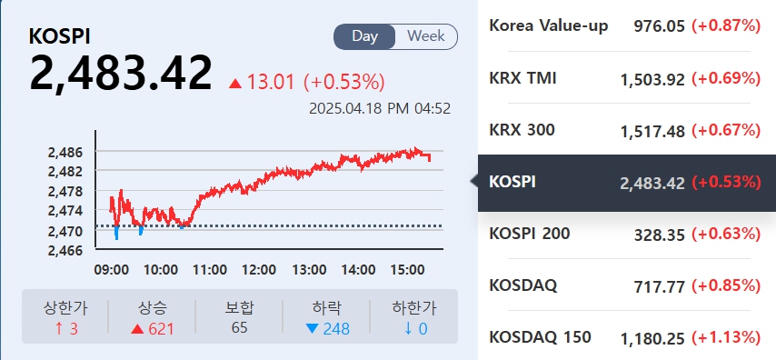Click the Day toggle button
click(x=365, y=36)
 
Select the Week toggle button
click(x=425, y=36)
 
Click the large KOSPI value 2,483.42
click(x=121, y=73)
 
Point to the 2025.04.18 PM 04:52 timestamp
click(x=380, y=108)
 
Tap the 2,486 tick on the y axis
click(x=65, y=152)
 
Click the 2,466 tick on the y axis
click(x=65, y=250)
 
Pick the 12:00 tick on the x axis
click(x=259, y=270)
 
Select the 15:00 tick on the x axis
click(x=406, y=270)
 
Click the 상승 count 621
click(x=153, y=328)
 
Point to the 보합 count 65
click(x=239, y=327)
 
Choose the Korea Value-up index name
click(x=549, y=25)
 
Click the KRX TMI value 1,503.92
click(x=652, y=79)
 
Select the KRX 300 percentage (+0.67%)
click(x=726, y=131)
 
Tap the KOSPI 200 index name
click(x=530, y=234)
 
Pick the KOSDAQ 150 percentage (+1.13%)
click(x=726, y=338)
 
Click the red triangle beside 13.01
click(x=235, y=84)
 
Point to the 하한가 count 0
click(x=413, y=328)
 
